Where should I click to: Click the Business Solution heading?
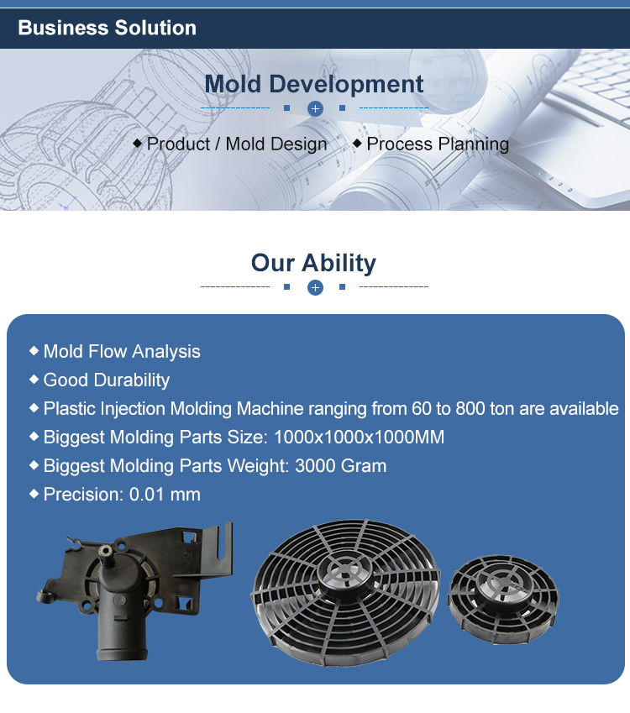point(108,28)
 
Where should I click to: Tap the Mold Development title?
point(314,84)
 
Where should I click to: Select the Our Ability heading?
point(314,263)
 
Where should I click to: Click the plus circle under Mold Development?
point(315,108)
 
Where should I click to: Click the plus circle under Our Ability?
point(315,287)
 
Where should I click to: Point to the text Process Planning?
point(438,144)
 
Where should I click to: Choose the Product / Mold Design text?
point(237,144)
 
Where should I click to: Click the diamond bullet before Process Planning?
point(358,144)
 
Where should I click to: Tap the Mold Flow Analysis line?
point(122,352)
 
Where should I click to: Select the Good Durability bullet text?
point(107,380)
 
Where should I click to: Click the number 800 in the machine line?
point(470,408)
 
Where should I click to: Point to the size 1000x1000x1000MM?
point(359,437)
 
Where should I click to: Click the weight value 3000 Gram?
point(341,465)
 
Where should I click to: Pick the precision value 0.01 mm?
point(165,495)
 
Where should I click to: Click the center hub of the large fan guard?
point(346,569)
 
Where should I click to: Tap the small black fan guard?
point(503,600)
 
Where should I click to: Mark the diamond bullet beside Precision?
point(34,494)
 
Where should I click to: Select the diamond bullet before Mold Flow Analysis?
point(34,350)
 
